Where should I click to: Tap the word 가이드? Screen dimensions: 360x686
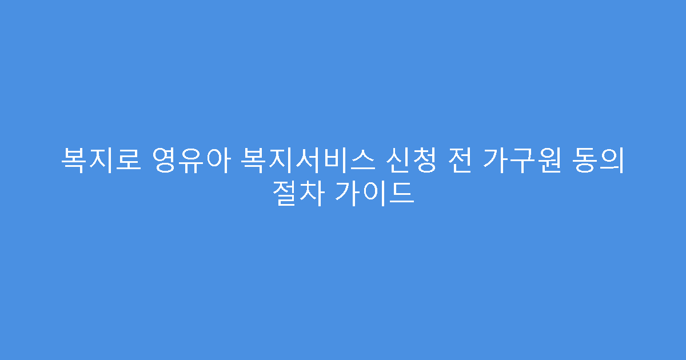tap(375, 194)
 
